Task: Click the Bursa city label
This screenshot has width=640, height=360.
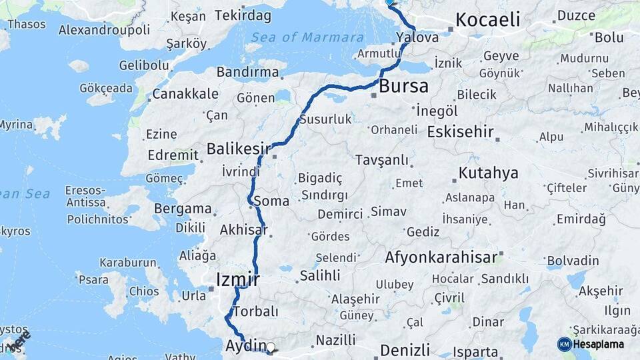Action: pos(403,87)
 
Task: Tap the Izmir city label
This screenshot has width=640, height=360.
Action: pos(237,279)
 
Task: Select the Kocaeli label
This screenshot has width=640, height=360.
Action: pos(488,20)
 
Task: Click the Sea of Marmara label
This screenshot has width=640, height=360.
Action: pos(309,37)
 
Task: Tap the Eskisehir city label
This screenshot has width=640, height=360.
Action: pos(460,131)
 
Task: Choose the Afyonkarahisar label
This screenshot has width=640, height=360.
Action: pos(441,257)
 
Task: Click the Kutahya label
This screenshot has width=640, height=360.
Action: pos(488,173)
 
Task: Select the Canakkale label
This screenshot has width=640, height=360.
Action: pos(185,94)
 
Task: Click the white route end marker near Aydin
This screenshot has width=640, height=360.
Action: pos(271,347)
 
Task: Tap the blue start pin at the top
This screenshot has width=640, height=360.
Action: pos(389,3)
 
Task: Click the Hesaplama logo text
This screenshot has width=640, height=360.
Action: pos(599,344)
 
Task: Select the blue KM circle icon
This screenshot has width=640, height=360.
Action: pos(564,344)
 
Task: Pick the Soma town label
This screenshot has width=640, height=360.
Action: pos(276,201)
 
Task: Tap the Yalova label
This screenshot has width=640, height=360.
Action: pos(417,37)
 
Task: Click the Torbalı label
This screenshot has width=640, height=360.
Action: pos(255,311)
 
